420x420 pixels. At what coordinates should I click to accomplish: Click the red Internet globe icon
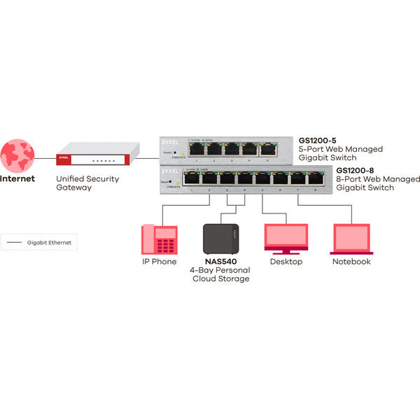(x=19, y=154)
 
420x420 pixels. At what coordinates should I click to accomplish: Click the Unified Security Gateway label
(x=87, y=183)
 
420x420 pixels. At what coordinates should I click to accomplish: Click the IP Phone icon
(x=159, y=239)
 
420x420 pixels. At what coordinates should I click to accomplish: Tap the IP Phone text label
(x=159, y=262)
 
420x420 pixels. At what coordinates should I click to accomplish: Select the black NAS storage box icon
(x=220, y=239)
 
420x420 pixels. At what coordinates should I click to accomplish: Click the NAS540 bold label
(x=220, y=262)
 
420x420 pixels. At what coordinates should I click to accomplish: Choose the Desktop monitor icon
(x=286, y=239)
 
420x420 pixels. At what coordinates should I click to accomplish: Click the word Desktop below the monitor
(x=286, y=262)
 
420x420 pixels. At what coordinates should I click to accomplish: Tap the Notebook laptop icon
(x=351, y=239)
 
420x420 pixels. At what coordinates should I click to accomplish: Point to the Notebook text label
(x=351, y=262)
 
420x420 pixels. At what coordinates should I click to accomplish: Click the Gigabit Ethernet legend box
(x=39, y=242)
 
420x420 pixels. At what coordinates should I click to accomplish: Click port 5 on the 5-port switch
(x=267, y=148)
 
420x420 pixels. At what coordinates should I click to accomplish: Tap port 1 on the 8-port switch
(x=192, y=178)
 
